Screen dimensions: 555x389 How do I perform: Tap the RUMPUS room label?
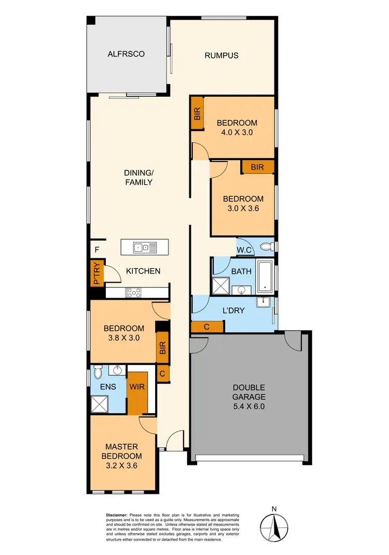221,55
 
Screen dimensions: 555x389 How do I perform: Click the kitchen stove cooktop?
133,293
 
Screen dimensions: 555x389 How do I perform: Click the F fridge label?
96,250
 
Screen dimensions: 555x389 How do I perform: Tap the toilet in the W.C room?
267,246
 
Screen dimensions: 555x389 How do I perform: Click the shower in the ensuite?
100,403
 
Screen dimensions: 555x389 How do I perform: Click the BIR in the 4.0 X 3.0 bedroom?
197,113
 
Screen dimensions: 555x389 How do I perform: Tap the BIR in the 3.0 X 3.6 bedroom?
257,167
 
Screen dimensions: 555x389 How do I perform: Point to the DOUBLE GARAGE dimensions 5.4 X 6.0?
249,407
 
